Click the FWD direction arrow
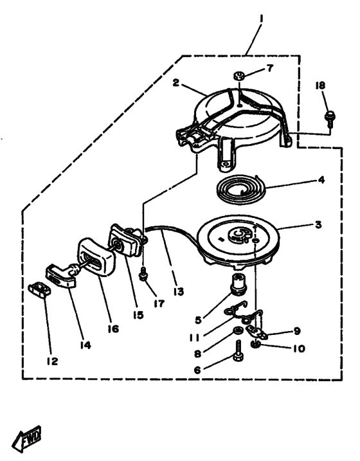(27, 438)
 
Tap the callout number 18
(320, 86)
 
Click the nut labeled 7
(240, 77)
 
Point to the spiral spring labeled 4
(241, 191)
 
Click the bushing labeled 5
(240, 283)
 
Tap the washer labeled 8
(238, 330)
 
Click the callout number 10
(299, 348)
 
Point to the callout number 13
(178, 292)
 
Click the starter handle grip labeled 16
(96, 258)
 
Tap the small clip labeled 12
(39, 289)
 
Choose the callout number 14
(85, 345)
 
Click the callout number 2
(175, 82)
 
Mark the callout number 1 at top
(261, 19)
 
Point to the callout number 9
(297, 330)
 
